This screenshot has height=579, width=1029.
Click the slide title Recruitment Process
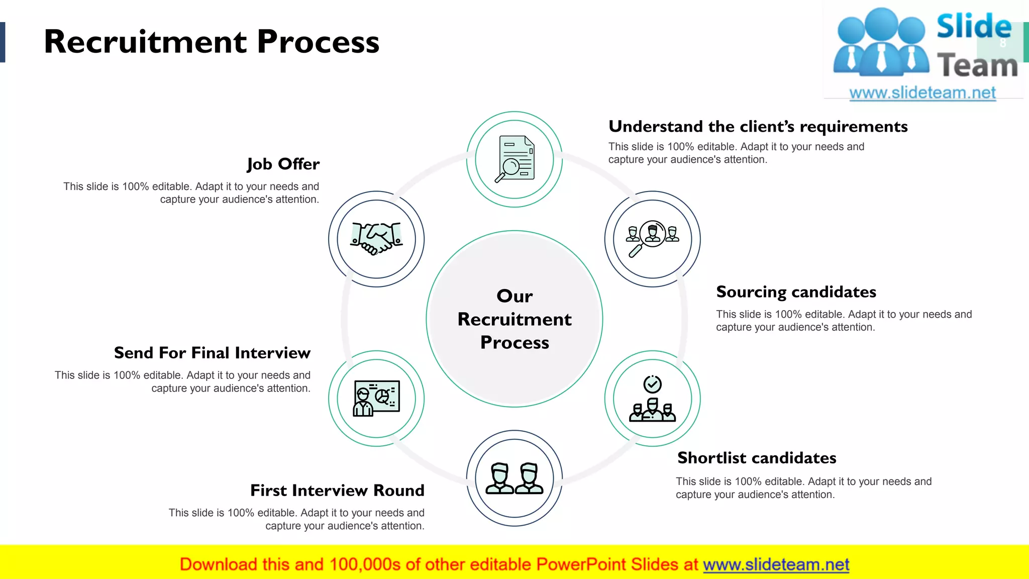click(211, 42)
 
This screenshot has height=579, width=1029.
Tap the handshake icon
click(376, 238)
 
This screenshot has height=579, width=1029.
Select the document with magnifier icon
click(514, 159)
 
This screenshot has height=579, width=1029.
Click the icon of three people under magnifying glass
click(652, 238)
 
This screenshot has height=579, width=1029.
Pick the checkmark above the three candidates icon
click(652, 384)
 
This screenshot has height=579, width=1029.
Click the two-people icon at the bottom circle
click(514, 478)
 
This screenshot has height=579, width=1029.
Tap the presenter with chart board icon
click(376, 398)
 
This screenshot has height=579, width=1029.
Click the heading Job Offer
click(283, 164)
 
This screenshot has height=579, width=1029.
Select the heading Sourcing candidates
click(796, 292)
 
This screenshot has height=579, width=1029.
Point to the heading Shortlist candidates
click(757, 458)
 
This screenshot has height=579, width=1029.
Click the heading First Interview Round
click(337, 491)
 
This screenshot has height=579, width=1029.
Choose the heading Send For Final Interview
click(212, 353)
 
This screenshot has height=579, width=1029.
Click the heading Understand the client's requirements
click(758, 127)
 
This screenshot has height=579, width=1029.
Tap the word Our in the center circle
click(514, 296)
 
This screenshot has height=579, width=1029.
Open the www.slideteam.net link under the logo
click(922, 93)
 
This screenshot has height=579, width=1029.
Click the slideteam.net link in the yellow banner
click(776, 564)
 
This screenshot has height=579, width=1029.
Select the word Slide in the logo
click(973, 27)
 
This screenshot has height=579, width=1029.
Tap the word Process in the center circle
click(514, 343)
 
